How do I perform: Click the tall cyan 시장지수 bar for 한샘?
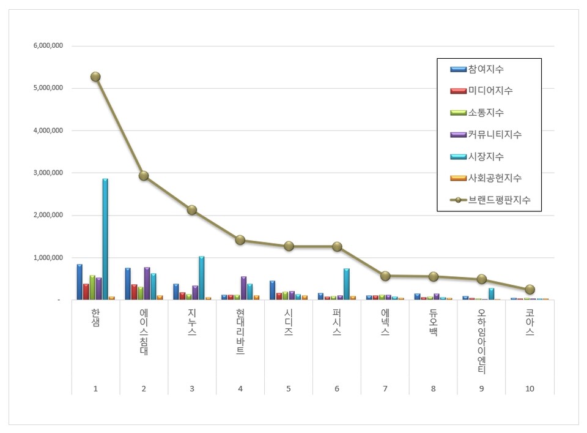105,239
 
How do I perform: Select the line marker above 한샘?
95,77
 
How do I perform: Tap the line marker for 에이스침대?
144,176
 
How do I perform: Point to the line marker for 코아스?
530,290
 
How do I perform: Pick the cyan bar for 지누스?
202,278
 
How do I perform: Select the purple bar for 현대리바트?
243,288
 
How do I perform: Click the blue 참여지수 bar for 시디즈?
272,290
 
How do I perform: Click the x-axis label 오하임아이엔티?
481,343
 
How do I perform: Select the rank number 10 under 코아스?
530,388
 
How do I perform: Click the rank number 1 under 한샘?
95,388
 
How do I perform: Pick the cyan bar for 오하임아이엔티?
491,293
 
